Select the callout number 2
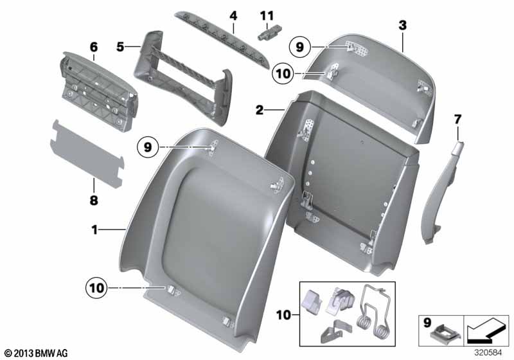[x=260, y=110]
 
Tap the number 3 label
[x=402, y=26]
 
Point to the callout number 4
[x=233, y=15]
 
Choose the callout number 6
[x=94, y=47]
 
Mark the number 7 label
[x=457, y=119]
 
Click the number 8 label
[x=94, y=200]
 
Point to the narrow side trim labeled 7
[x=443, y=193]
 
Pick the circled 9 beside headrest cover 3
[x=299, y=47]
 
